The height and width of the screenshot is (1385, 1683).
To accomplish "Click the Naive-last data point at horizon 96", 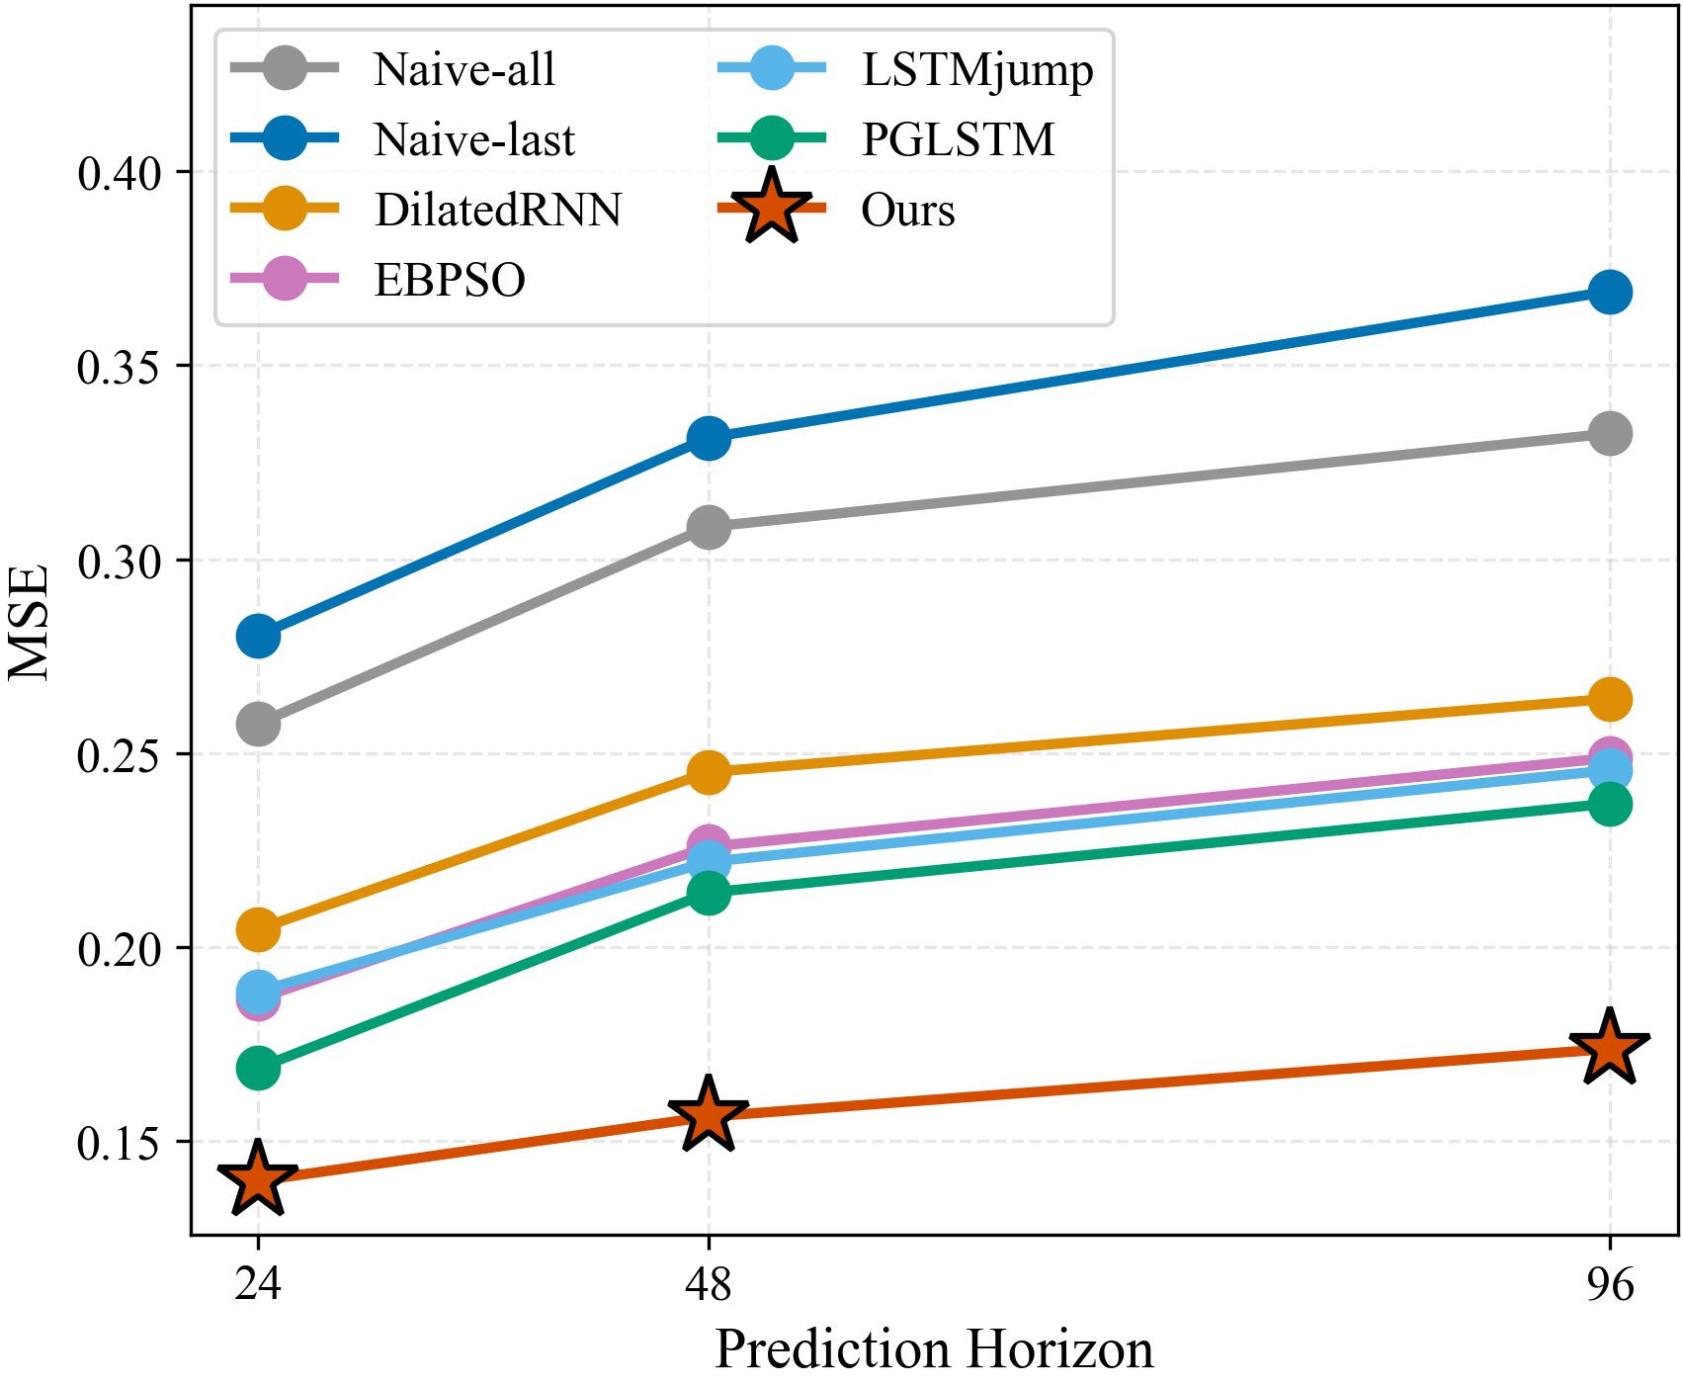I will coord(1609,293).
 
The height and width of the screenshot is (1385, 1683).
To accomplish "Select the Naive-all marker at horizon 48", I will coord(709,527).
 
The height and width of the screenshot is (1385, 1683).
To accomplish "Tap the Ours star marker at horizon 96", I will coord(1609,1049).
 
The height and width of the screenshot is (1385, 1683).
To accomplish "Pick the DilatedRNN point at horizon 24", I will coord(259,929).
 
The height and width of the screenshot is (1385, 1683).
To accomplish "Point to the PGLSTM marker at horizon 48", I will coord(709,894).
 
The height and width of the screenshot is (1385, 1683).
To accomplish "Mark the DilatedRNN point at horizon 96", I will coord(1609,699).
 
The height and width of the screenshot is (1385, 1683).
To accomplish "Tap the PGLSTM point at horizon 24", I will coord(259,1068).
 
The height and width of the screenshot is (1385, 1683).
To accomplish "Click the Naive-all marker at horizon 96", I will coord(1609,433).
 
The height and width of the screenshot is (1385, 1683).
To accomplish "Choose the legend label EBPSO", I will coord(450,281).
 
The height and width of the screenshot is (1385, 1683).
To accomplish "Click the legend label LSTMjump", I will coord(977,70).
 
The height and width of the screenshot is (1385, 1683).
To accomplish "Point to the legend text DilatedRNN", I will coord(498,211).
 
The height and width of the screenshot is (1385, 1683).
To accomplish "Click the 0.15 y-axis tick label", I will coord(120,1144).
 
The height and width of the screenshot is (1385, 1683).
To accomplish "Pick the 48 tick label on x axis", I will coord(709,1286).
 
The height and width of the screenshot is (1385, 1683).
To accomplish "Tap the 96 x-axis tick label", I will coord(1609,1286).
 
